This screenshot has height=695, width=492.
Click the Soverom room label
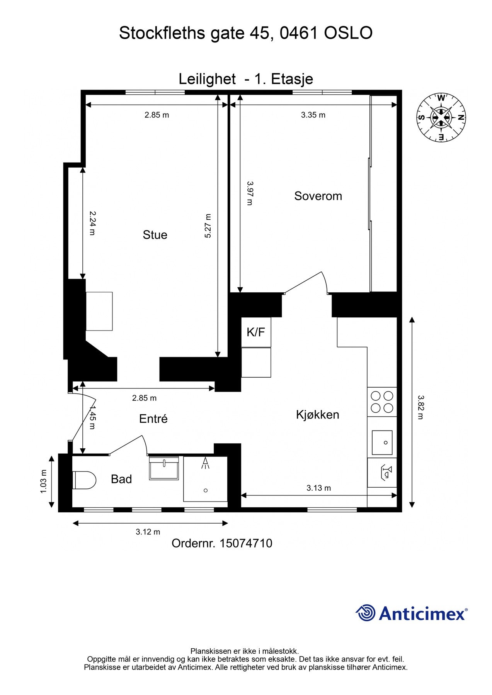318,196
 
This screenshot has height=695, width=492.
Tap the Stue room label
155,235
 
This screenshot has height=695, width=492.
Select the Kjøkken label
318,415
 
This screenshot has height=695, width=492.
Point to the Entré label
153,419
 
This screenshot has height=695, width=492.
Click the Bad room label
121,479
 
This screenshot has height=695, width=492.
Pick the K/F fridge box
256,332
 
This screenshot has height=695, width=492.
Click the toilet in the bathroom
84,480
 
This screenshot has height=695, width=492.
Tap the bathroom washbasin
164,468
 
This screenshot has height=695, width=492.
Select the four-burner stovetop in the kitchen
382,402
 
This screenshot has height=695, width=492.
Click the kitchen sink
382,442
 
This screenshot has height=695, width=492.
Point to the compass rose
441,117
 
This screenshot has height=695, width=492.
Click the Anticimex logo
412,613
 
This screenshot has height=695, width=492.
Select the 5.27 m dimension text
208,226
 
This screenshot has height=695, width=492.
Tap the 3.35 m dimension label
313,115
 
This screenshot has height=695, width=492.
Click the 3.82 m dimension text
420,407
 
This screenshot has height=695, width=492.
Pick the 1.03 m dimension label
43,481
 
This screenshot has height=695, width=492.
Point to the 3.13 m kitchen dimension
319,488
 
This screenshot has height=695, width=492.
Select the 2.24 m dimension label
92,223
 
